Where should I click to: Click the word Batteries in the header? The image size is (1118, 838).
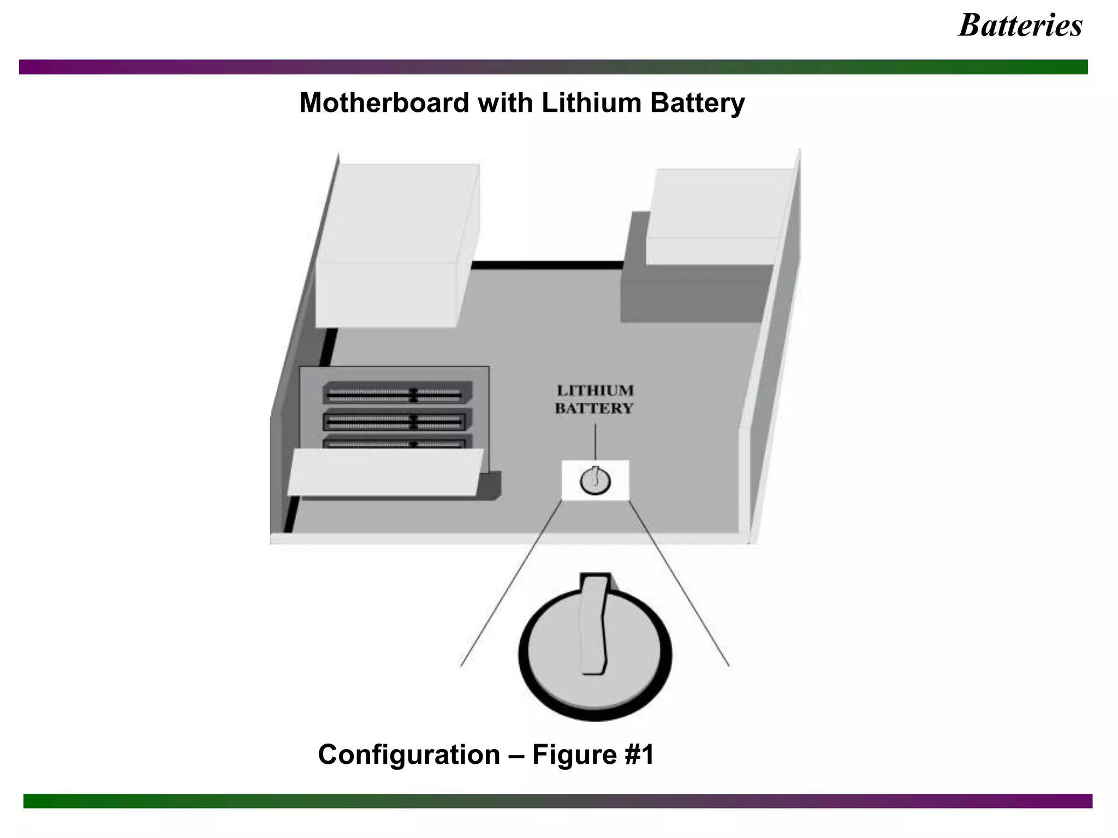point(1020,26)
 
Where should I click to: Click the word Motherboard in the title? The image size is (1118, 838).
point(384,103)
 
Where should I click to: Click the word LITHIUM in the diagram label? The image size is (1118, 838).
point(595,391)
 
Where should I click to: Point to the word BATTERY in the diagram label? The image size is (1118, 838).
point(594,409)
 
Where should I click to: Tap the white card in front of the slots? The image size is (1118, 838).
point(385,472)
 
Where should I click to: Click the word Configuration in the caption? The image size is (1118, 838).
point(409,755)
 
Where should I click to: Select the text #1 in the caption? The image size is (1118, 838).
point(637,755)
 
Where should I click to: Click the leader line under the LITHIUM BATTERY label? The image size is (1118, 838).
point(596,442)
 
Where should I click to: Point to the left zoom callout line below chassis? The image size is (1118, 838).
point(510,584)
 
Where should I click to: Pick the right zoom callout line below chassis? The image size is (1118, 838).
point(679,584)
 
